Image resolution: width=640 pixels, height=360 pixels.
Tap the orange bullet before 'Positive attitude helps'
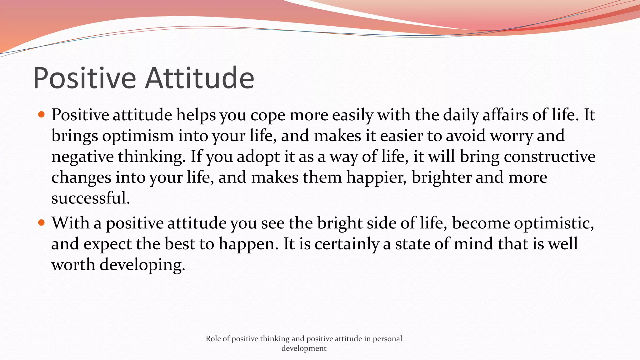(x=41, y=114)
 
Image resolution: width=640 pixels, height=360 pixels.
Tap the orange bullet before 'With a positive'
(x=41, y=223)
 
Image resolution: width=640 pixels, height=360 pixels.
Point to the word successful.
(x=90, y=198)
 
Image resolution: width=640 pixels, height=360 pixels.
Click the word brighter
(x=441, y=177)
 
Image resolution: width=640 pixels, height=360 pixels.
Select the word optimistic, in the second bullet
(x=554, y=223)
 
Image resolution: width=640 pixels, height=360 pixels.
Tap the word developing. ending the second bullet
(x=142, y=265)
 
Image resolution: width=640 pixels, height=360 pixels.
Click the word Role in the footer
(x=213, y=339)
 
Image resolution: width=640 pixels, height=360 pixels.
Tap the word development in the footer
(x=304, y=348)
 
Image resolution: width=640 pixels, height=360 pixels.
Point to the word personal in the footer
(x=387, y=339)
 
